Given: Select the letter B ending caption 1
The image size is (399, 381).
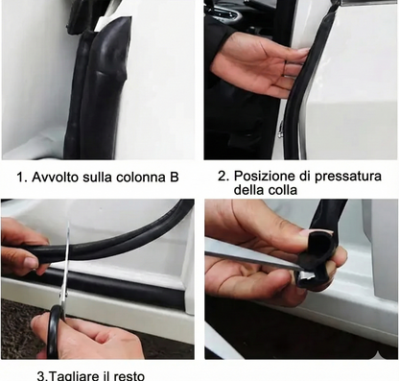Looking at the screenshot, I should [174, 178].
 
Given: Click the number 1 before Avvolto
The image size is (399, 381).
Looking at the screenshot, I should [19, 178].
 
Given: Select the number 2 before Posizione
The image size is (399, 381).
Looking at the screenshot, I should [222, 176].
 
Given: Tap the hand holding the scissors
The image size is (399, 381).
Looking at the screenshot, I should [91, 336].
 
